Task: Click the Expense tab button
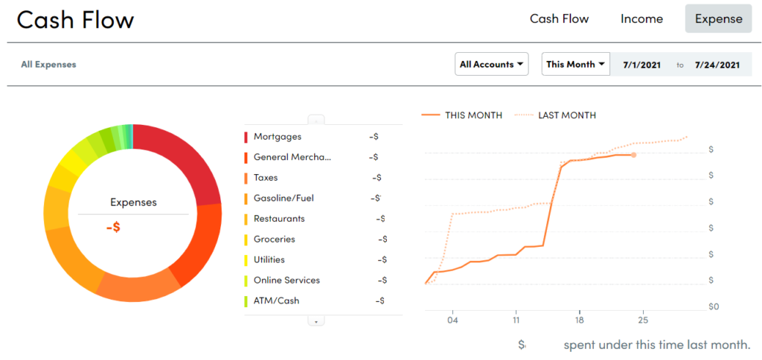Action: click(x=718, y=19)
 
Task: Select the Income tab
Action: click(x=641, y=19)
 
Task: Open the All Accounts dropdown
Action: click(x=491, y=64)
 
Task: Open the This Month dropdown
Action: click(x=576, y=64)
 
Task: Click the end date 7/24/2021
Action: click(x=717, y=65)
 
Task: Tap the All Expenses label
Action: click(x=48, y=65)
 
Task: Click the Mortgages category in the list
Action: click(x=277, y=137)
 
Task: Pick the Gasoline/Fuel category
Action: click(x=284, y=199)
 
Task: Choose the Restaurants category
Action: click(x=279, y=219)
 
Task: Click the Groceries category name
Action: click(x=274, y=240)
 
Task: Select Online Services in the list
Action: click(x=286, y=280)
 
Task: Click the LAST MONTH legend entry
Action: click(x=566, y=115)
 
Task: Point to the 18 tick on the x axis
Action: click(x=579, y=321)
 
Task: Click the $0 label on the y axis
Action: click(x=713, y=306)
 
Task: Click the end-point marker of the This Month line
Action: click(x=633, y=155)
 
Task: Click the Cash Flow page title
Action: click(x=75, y=20)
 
